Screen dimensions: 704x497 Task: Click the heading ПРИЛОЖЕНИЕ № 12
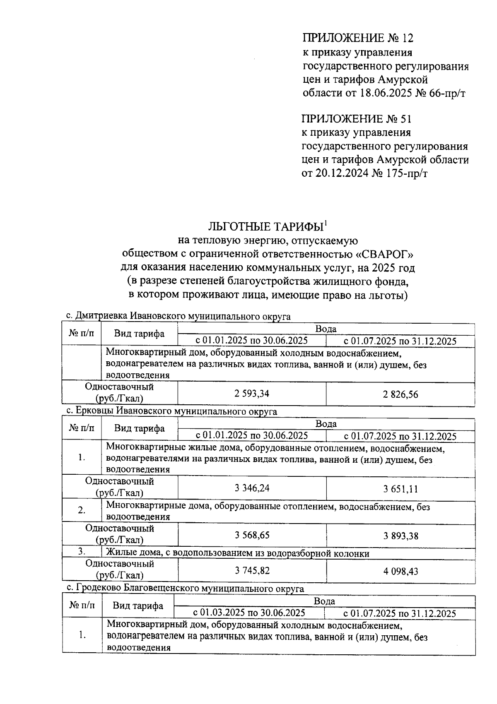[x=358, y=38]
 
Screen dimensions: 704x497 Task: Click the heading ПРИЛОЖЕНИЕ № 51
[x=357, y=119]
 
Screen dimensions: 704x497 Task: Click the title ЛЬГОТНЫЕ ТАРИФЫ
[x=265, y=227]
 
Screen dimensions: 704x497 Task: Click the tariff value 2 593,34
[x=251, y=394]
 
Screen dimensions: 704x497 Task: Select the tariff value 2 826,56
[x=400, y=394]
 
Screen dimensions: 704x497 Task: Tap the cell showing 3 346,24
[x=251, y=488]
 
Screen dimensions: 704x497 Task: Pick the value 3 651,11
[x=400, y=489]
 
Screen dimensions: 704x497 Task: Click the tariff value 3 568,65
[x=251, y=535]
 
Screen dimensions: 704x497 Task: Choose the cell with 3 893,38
[x=400, y=536]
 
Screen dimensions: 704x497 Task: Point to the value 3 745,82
[x=251, y=570]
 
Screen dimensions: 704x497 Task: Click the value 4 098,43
[x=400, y=571]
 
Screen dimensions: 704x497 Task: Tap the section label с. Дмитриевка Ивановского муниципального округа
[x=178, y=317]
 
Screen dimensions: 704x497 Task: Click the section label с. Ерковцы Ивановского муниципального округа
[x=172, y=411]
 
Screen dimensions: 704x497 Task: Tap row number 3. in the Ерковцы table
[x=82, y=552]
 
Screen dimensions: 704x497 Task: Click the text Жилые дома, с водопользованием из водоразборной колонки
[x=238, y=553]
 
